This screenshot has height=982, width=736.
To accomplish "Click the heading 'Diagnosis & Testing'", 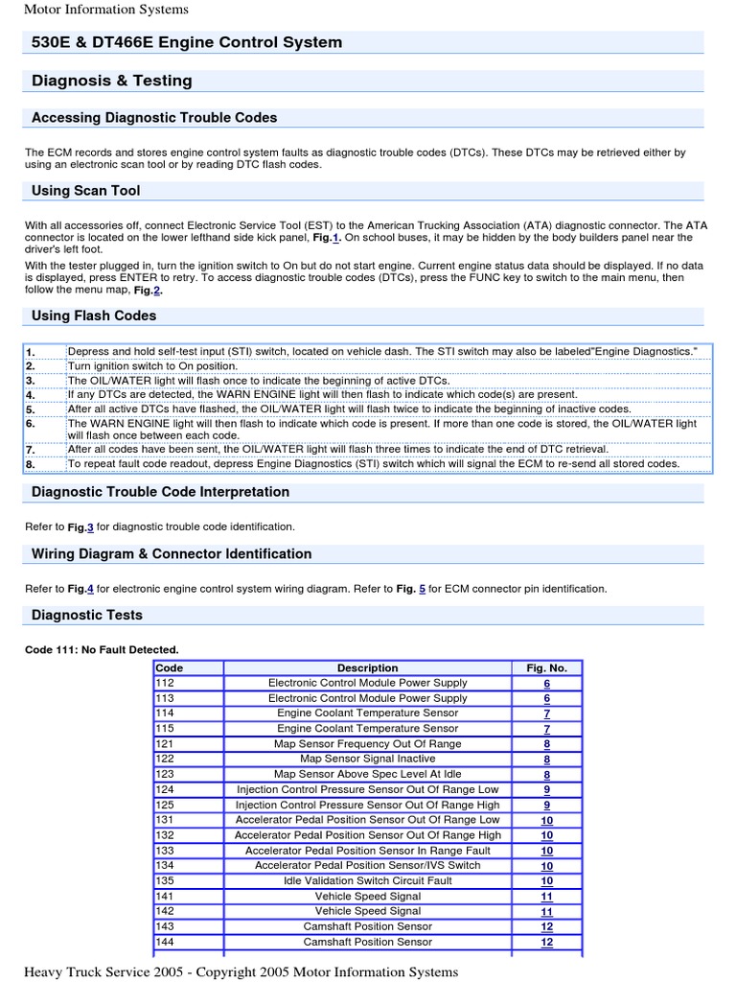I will tap(112, 81).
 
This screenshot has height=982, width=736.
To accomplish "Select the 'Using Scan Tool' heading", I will tap(86, 191).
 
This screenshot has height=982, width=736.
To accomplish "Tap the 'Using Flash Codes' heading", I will tap(94, 316).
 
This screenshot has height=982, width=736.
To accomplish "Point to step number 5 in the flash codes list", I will tap(30, 408).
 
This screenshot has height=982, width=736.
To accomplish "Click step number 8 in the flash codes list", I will tap(30, 463).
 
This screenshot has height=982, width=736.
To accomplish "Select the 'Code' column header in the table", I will tap(170, 667).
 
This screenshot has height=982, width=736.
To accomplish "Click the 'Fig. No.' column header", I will tap(546, 667).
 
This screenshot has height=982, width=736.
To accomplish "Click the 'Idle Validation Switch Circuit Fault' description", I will tap(367, 880).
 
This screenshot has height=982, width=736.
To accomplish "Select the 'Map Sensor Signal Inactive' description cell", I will tap(367, 759).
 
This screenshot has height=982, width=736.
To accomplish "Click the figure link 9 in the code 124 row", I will tap(546, 789).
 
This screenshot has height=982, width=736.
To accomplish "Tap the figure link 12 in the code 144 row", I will tap(546, 942).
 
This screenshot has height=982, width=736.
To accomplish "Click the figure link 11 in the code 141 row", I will tap(546, 896).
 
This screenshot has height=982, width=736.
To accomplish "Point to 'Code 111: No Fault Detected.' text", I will tap(102, 649).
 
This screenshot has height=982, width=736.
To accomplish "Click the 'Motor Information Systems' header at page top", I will tap(105, 10).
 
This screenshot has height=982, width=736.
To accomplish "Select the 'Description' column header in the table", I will tap(367, 667).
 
